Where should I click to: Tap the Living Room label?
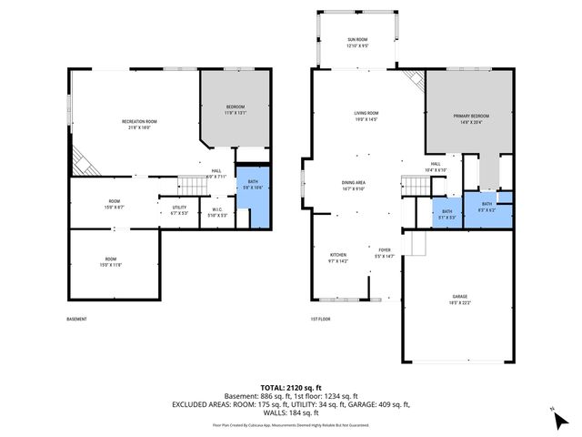click(x=366, y=116)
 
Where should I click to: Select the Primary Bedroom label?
click(x=472, y=118)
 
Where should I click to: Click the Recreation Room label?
click(x=140, y=125)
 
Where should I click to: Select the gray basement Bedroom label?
click(x=236, y=110)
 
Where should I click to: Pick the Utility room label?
click(x=178, y=210)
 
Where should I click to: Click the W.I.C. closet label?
click(x=216, y=212)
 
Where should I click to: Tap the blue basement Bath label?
click(x=252, y=185)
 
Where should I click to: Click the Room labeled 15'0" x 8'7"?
click(x=115, y=204)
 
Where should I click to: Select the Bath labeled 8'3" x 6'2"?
click(x=487, y=207)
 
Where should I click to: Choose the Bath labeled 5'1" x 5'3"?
click(x=447, y=213)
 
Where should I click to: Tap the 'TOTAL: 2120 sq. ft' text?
click(x=291, y=387)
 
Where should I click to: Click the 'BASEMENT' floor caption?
click(x=76, y=320)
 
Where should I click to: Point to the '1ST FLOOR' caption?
click(x=319, y=320)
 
